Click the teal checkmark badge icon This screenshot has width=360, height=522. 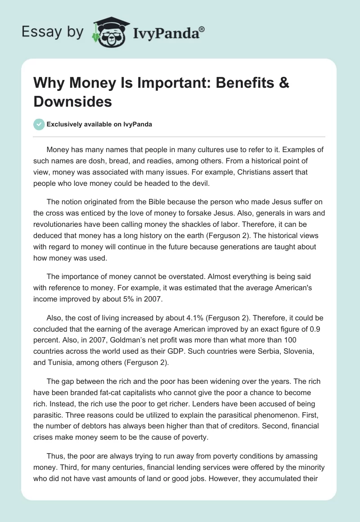coord(39,124)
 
